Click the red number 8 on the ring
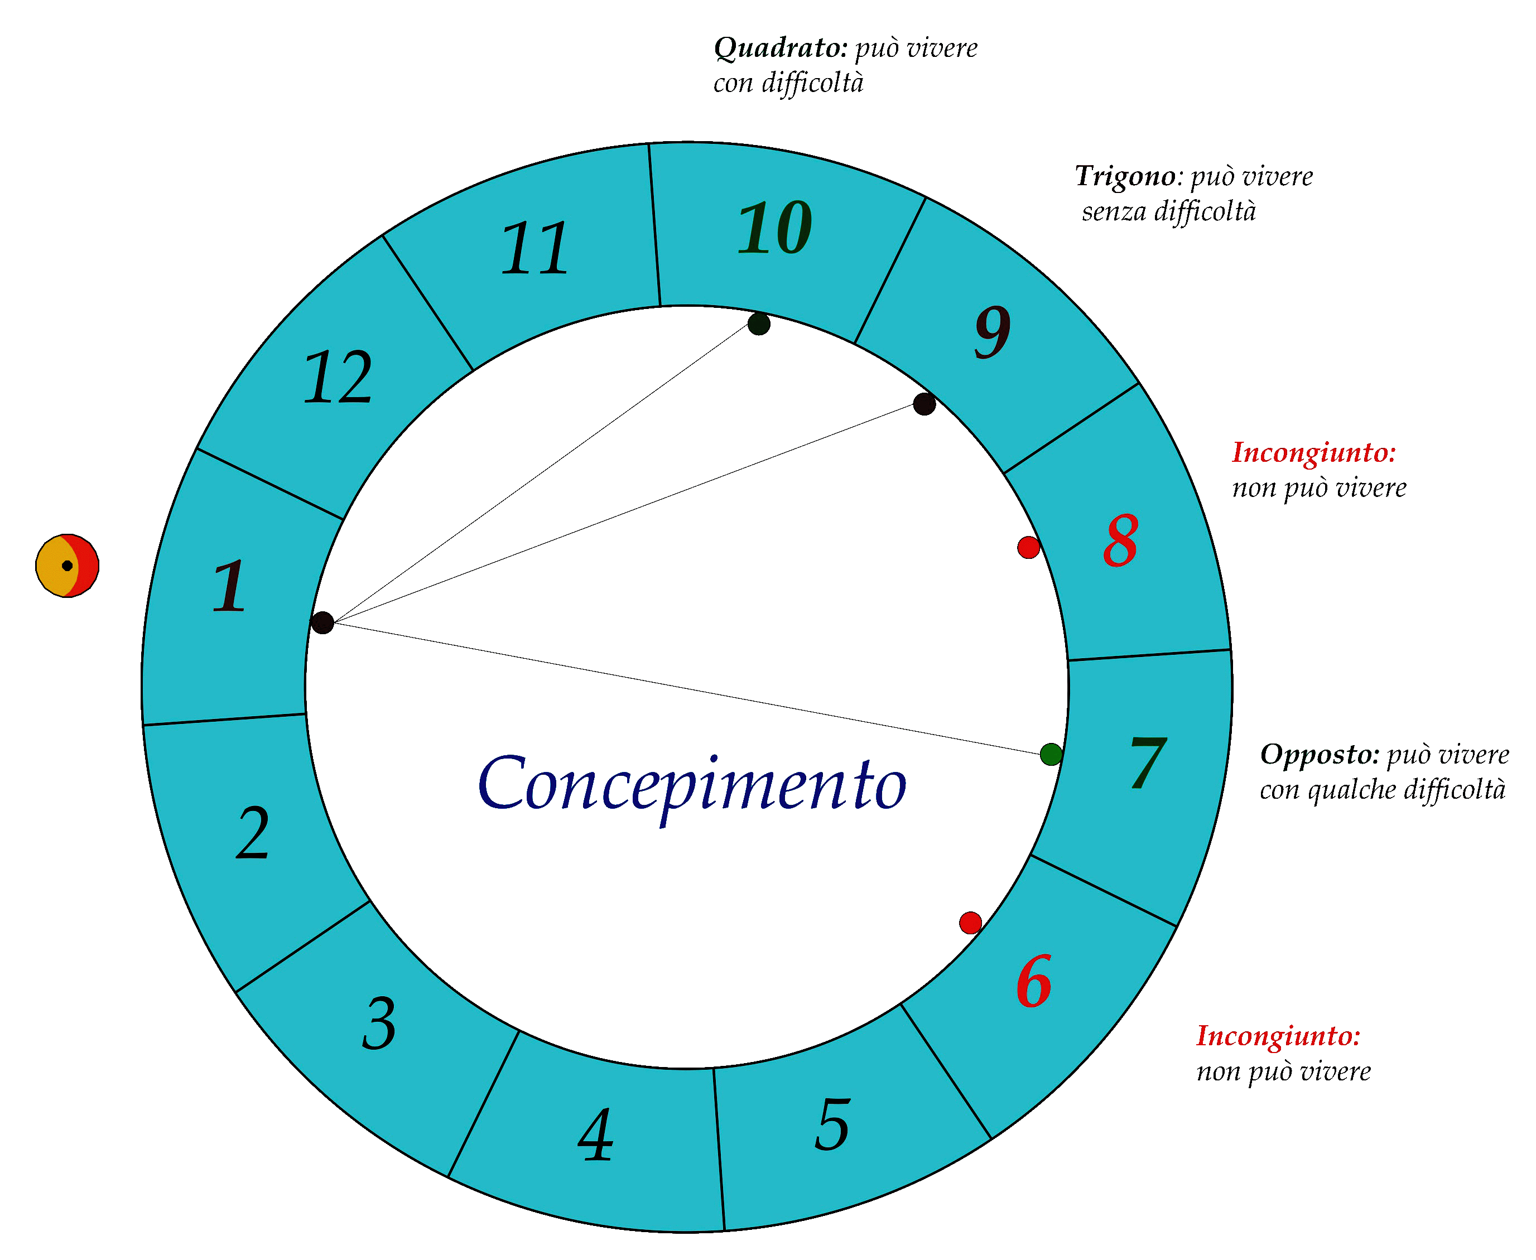(x=1121, y=542)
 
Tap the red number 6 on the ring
(x=1034, y=981)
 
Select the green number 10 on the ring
(x=774, y=228)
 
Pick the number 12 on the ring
(x=338, y=378)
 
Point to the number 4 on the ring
(x=596, y=1136)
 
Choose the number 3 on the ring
(x=379, y=1024)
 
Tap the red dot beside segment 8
(x=1029, y=547)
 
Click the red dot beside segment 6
(x=970, y=923)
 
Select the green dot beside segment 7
(x=1051, y=754)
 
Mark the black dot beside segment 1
(x=322, y=622)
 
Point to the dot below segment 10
(x=759, y=324)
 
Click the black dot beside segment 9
(x=924, y=404)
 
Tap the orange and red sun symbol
(x=68, y=566)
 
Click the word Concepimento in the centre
(x=692, y=785)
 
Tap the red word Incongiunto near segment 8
(x=1314, y=453)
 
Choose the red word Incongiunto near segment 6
(x=1278, y=1036)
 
